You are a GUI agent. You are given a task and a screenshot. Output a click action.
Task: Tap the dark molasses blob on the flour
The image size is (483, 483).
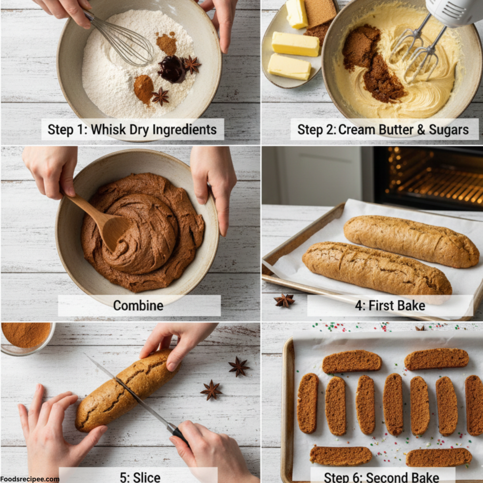(x=172, y=69)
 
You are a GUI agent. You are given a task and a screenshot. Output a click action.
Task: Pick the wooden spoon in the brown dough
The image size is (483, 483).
(x=101, y=219)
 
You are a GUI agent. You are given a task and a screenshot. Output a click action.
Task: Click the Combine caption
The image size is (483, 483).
(x=138, y=305)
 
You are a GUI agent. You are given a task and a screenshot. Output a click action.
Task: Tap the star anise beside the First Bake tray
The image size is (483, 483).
(x=284, y=300)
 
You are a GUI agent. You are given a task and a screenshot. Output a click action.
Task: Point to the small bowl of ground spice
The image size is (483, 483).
(x=26, y=336)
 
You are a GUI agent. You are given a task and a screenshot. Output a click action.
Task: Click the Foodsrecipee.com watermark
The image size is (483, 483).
(x=30, y=479)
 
